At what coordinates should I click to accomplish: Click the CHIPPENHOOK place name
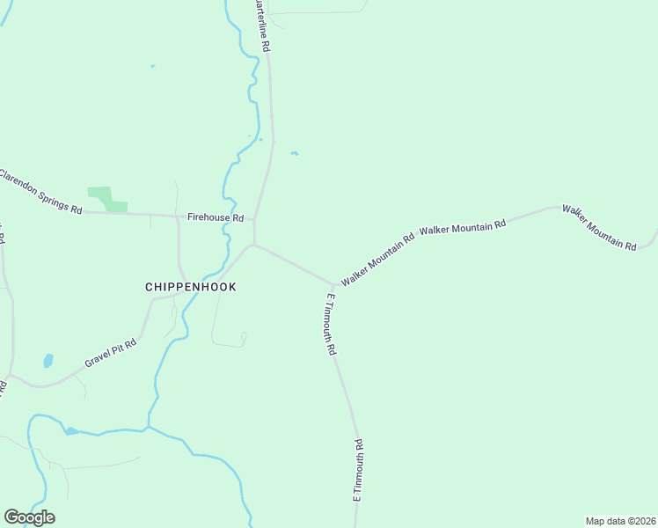190,287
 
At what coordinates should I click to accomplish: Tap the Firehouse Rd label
215,216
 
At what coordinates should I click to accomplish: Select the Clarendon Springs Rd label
40,192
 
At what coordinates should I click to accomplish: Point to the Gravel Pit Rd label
111,353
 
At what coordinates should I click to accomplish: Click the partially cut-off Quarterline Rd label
261,26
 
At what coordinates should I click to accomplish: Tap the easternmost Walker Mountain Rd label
599,228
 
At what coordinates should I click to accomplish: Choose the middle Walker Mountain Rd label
463,227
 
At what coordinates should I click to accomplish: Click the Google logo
29,517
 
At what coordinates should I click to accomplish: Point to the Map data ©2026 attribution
620,520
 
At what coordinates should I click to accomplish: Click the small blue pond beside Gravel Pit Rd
48,360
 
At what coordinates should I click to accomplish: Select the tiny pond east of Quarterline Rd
295,154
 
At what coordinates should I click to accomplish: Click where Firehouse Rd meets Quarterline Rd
255,218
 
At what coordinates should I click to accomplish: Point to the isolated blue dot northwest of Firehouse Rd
152,66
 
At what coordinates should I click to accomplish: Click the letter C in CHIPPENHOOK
149,287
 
